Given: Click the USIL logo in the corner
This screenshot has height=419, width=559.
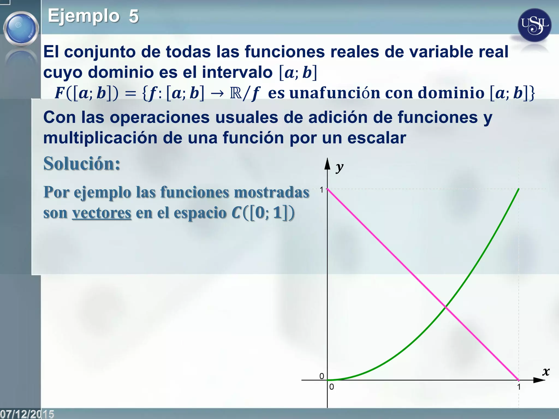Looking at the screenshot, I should tap(534, 25).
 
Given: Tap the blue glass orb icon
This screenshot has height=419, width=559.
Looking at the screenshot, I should tap(21, 28).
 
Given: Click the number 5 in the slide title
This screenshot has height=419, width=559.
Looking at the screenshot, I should tap(134, 16).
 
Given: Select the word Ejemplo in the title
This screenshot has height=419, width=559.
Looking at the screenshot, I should tap(84, 16).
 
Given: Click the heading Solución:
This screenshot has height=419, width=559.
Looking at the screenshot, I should tap(82, 164).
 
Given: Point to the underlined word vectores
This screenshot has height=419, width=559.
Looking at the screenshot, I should tap(102, 213).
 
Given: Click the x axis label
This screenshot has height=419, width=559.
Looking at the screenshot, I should tap(546, 371).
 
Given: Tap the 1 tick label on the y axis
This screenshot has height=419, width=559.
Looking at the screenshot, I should tap(322, 190).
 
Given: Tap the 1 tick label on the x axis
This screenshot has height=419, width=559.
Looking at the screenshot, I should tap(519, 387).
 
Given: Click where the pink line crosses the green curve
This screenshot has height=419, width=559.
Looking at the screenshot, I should tap(445, 307).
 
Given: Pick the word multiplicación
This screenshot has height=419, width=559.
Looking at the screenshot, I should tap(100, 138).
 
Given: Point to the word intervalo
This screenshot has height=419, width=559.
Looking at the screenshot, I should tap(237, 72).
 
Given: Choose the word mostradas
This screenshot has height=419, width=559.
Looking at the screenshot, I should tap(272, 192).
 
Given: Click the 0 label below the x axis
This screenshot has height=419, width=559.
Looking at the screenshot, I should tap(331, 387).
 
